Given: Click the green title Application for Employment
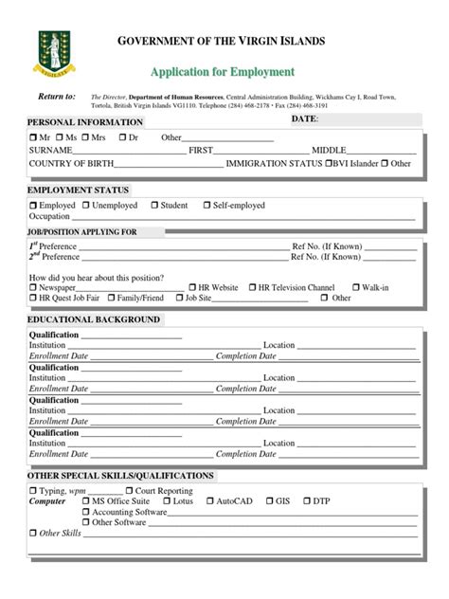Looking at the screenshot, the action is [222, 72].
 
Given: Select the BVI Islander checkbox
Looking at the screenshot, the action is [329, 163].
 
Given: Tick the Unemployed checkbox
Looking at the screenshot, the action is [86, 206].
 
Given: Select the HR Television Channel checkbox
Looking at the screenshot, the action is [252, 287].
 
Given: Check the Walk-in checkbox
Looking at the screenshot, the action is [354, 287].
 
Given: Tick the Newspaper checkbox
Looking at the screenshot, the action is [33, 287].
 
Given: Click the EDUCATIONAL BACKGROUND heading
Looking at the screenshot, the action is [93, 319].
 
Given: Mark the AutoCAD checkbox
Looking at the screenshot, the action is [209, 501].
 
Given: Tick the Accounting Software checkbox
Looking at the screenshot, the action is [86, 512].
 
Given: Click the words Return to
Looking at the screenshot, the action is [56, 97].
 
